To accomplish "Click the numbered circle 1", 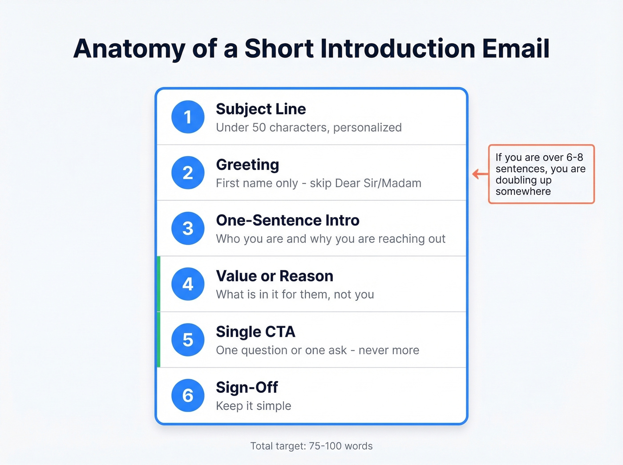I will pos(188,117).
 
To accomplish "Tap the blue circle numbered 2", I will pos(188,173).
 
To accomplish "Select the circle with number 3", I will pos(188,228).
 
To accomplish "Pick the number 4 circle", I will pos(188,284).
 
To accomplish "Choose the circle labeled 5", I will pos(188,340).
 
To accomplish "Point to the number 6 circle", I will pos(188,396).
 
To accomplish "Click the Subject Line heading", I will pos(261,109).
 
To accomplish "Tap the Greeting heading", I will pos(247,165).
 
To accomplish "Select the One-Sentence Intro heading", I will pos(287,220).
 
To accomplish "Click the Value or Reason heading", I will pos(275,276).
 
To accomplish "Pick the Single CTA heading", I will pos(255,332).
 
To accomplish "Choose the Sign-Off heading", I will pos(247,388).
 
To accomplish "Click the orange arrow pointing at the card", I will pos(480,174).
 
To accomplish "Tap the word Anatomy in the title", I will pos(129,49).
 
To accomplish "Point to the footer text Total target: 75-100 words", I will pos(311,446).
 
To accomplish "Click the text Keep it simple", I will pos(254,406).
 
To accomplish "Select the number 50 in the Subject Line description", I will pos(259,128).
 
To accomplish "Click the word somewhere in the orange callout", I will pos(523,191).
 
